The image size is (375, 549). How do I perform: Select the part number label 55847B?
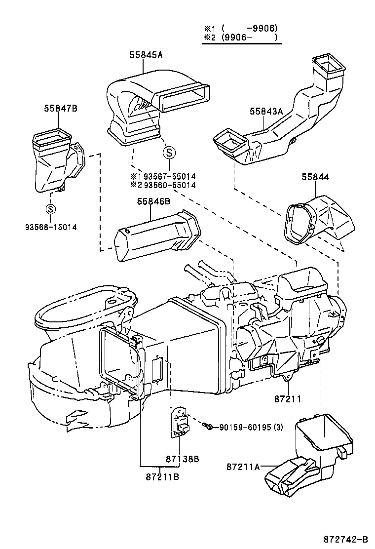pyautogui.click(x=60, y=108)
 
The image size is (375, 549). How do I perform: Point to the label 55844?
pyautogui.click(x=315, y=177)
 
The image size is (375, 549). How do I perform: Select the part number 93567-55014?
pyautogui.click(x=169, y=176)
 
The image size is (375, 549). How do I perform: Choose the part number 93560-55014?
pyautogui.click(x=169, y=185)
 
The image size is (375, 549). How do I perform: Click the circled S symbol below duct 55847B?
pyautogui.click(x=50, y=209)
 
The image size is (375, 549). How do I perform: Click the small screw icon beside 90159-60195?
pyautogui.click(x=210, y=426)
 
